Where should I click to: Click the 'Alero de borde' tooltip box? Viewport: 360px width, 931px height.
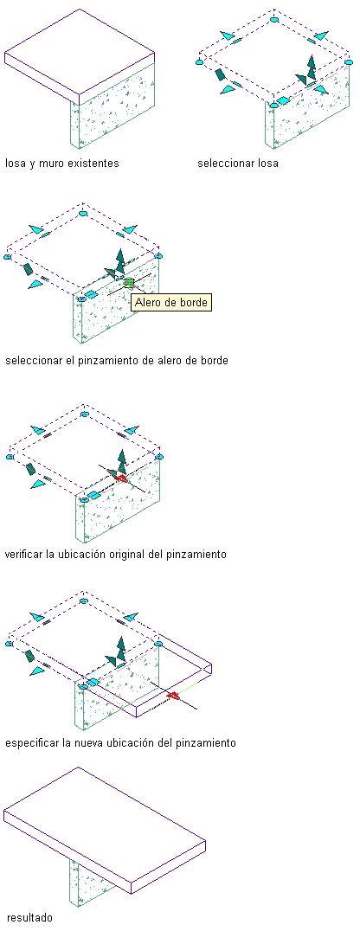coord(171,302)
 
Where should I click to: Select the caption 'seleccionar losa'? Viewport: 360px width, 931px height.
coord(238,164)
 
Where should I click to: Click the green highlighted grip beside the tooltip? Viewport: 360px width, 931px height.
coord(130,283)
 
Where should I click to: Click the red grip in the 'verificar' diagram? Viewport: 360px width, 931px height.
coord(122,478)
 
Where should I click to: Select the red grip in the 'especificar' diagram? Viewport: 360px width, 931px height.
coord(173,696)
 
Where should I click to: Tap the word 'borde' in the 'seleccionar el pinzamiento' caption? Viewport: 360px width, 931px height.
coord(215,361)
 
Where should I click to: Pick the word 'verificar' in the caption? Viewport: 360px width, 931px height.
coord(24,555)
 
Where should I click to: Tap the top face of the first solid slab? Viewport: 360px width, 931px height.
coord(80,50)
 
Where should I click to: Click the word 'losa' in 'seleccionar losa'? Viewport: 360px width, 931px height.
coord(268,164)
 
